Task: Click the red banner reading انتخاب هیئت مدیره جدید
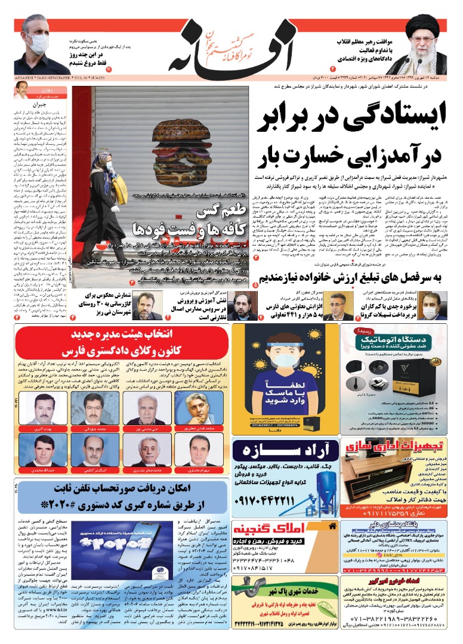[x=122, y=340]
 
